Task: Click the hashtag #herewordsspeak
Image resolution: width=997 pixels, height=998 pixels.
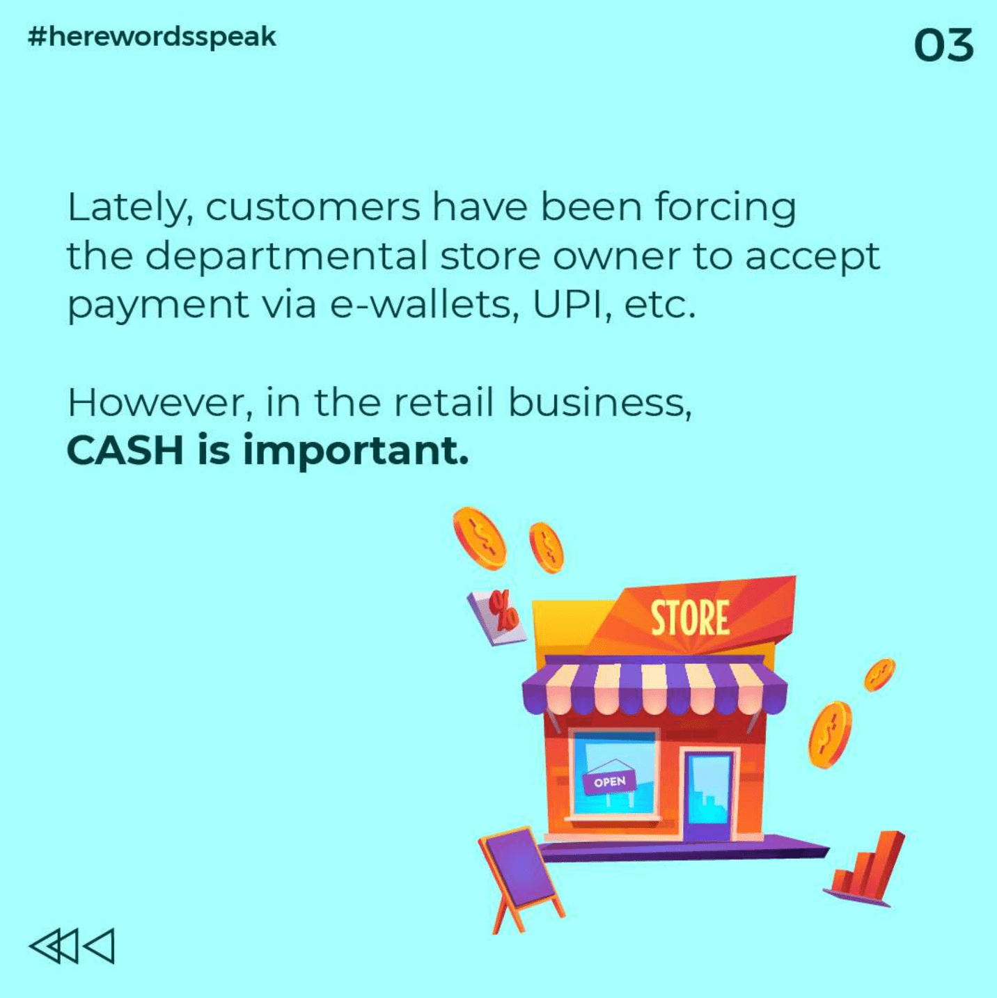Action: tap(152, 38)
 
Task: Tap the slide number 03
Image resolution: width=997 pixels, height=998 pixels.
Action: tap(943, 45)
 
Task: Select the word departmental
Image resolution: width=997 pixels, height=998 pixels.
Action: tap(287, 256)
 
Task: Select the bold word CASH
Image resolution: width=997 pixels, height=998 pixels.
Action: tap(125, 450)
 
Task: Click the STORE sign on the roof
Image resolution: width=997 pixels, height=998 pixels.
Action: tap(690, 618)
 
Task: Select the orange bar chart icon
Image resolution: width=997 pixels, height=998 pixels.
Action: tap(865, 871)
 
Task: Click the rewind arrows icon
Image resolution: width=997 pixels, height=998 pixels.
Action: tap(72, 946)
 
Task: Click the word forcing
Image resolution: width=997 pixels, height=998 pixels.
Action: tap(725, 208)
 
